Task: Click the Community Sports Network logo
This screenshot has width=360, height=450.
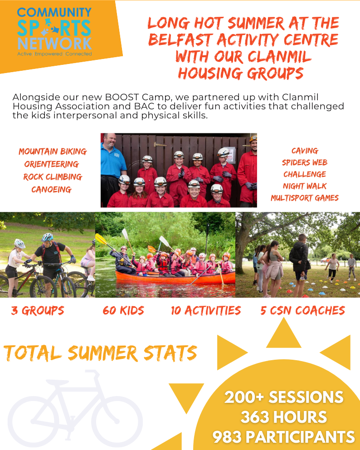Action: click(x=54, y=32)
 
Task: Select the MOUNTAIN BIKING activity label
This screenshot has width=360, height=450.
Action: click(x=53, y=152)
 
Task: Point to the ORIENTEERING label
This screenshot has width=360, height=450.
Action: click(x=52, y=164)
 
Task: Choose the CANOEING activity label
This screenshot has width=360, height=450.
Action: click(x=51, y=190)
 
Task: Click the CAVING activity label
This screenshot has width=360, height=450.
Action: click(x=305, y=151)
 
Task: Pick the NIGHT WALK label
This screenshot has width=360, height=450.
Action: click(x=305, y=186)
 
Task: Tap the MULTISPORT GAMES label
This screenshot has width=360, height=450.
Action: click(x=305, y=198)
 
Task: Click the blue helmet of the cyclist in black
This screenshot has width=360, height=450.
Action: click(x=47, y=237)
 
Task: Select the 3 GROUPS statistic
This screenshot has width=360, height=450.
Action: click(x=38, y=311)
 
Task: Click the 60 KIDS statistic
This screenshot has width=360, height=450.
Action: click(x=123, y=311)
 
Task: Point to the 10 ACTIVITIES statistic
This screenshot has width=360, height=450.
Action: click(x=206, y=311)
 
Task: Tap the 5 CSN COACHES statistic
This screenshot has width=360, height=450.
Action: click(x=302, y=311)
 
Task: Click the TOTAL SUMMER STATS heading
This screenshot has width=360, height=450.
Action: click(x=100, y=353)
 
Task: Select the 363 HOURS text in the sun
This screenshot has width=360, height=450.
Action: click(x=284, y=417)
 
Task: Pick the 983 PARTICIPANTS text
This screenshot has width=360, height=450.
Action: click(x=284, y=437)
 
